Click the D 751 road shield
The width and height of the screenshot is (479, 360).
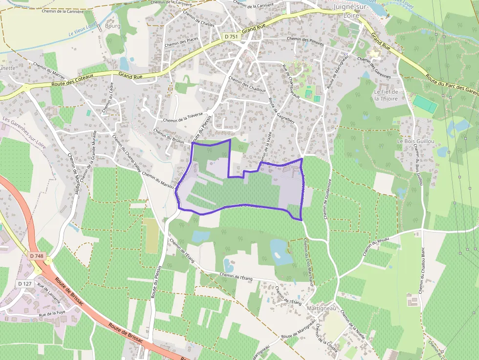click(231, 37)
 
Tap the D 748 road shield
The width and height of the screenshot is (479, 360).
click(37, 256)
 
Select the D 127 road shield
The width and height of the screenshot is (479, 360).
click(25, 284)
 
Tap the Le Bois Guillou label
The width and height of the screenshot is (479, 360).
click(416, 141)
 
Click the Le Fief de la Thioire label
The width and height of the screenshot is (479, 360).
click(386, 95)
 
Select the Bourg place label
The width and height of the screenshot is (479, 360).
click(112, 26)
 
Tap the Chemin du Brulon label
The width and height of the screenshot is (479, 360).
click(169, 135)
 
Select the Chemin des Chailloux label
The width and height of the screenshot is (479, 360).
click(247, 85)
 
